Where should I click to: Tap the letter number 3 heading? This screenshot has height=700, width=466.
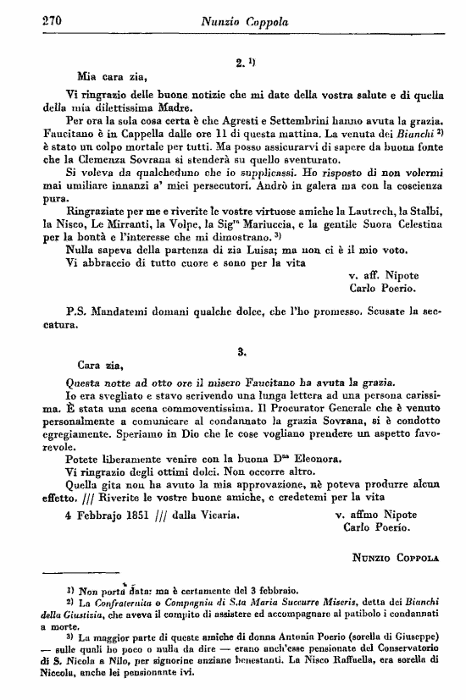241,349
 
